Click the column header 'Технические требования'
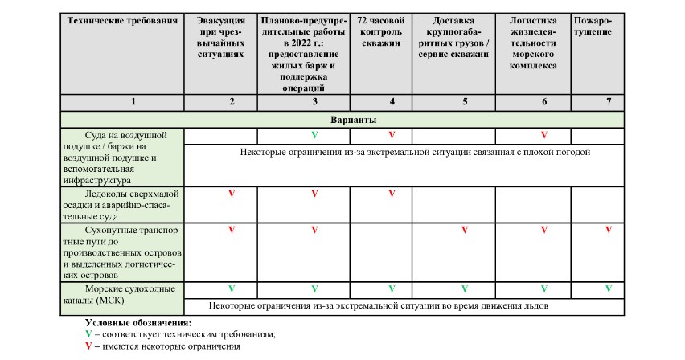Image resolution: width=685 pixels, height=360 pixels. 123,19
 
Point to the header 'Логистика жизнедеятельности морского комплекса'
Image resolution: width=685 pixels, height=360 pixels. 533,42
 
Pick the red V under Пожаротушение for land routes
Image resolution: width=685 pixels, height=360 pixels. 608,230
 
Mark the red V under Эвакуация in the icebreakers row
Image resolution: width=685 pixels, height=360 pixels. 232,194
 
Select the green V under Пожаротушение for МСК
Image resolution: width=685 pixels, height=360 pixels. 608,288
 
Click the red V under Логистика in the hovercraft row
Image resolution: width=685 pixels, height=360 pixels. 543,134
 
